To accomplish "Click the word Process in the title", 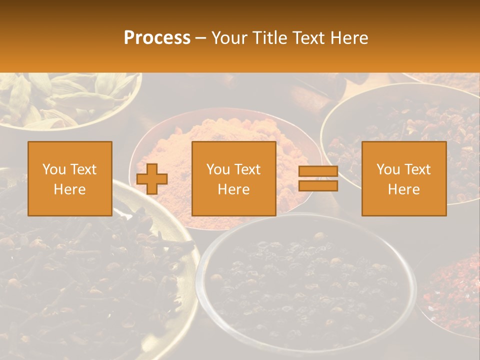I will pyautogui.click(x=157, y=38).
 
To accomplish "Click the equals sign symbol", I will pyautogui.click(x=318, y=178).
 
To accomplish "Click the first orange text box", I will pyautogui.click(x=70, y=178).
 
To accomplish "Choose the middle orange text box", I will pyautogui.click(x=233, y=178).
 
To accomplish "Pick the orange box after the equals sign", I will pyautogui.click(x=404, y=178).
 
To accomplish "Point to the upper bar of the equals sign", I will pyautogui.click(x=318, y=171).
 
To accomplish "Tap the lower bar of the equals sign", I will pyautogui.click(x=318, y=186).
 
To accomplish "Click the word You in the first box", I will pyautogui.click(x=53, y=169).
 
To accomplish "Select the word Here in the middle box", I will pyautogui.click(x=233, y=189).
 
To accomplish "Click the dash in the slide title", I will pyautogui.click(x=201, y=38).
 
